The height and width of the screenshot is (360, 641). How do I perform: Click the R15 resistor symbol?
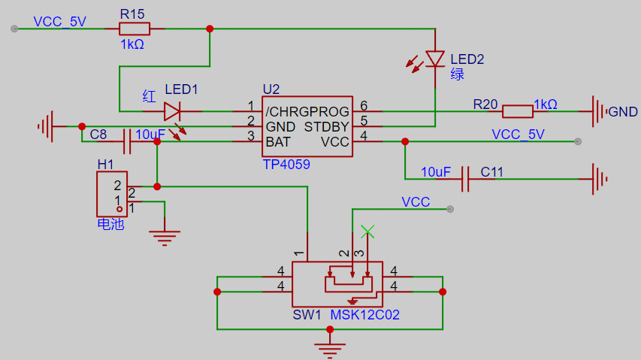[x=135, y=29]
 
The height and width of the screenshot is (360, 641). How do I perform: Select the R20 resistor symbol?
[x=518, y=111]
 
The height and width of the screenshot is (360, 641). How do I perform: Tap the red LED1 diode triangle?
[x=171, y=111]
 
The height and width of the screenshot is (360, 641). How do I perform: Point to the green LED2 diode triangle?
[x=435, y=59]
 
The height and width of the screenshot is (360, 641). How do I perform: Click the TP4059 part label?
[x=286, y=165]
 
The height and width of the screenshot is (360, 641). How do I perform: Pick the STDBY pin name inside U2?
[x=327, y=127]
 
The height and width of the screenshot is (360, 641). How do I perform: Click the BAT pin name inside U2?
[x=278, y=142]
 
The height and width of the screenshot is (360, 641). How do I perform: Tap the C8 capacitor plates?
[x=127, y=141]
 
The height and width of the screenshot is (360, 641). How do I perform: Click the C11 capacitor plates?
[x=465, y=179]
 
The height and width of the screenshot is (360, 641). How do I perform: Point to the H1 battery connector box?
[x=112, y=194]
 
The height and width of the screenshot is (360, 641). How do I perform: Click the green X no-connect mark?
[x=367, y=231]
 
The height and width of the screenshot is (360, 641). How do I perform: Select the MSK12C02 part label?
[x=364, y=315]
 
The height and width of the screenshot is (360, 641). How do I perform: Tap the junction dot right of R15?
[x=210, y=29]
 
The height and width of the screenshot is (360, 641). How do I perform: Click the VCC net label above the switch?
[x=416, y=202]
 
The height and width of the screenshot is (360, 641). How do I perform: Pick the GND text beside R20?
[x=623, y=112]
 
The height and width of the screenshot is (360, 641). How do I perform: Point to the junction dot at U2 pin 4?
[x=405, y=141]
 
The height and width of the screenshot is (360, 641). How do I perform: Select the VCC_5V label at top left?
[x=59, y=22]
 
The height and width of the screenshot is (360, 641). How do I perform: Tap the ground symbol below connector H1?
[x=165, y=237]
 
